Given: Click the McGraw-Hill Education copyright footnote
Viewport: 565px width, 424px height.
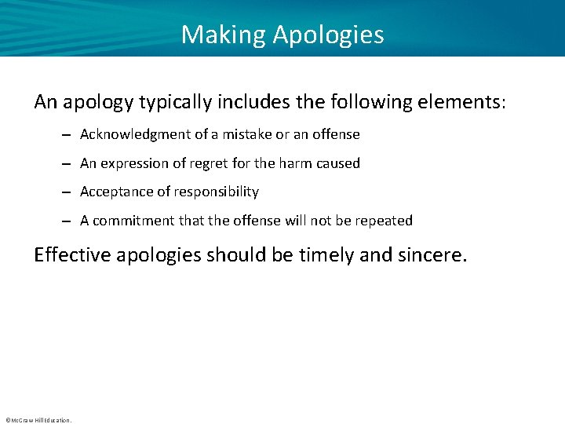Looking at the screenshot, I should coord(38,420).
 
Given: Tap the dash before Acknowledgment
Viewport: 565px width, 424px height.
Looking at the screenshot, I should coord(69,134).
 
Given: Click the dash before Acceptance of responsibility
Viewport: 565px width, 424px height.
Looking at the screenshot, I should coord(69,192).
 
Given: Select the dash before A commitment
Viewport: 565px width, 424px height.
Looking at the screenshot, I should coord(69,221).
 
